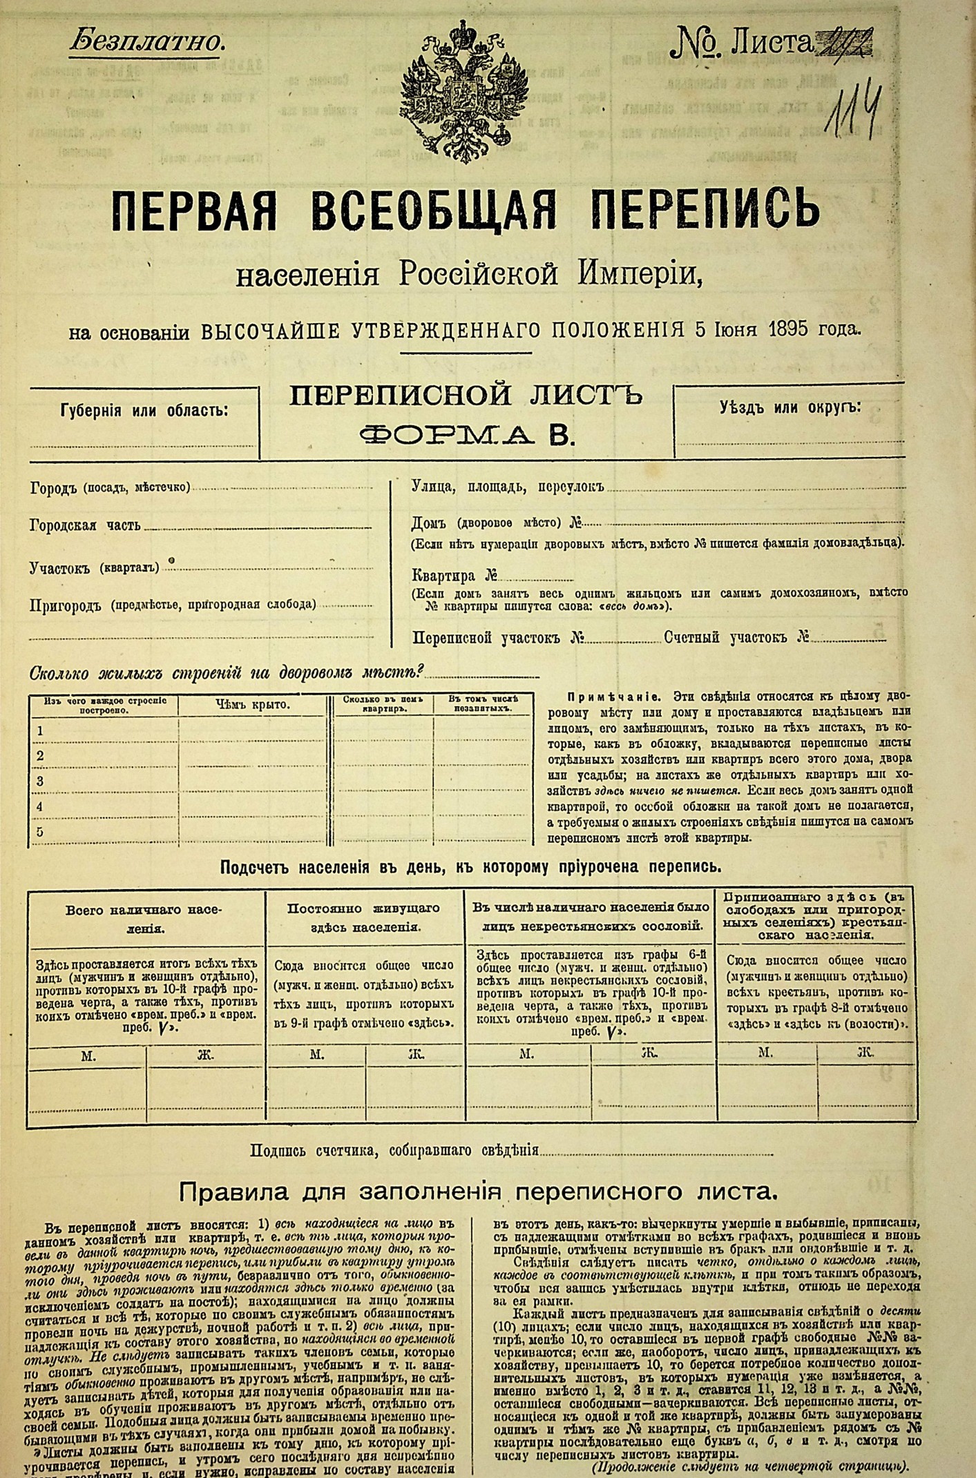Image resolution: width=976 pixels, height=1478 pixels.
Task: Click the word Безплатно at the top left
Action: (147, 42)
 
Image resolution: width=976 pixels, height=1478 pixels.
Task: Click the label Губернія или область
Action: (144, 411)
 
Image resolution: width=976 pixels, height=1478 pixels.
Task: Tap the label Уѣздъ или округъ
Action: (790, 407)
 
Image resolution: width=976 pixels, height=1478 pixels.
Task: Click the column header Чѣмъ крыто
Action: (252, 705)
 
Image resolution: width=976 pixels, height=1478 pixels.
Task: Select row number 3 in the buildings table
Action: (40, 781)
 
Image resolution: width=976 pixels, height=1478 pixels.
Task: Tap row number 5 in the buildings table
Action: (40, 832)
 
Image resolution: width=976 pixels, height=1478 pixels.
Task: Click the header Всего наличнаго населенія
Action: (145, 919)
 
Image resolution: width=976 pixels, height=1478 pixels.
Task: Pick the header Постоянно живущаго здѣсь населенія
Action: (365, 917)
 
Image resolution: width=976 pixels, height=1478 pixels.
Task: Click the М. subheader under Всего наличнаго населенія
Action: (88, 1056)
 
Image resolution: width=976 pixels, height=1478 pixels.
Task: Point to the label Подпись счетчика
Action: (307, 1151)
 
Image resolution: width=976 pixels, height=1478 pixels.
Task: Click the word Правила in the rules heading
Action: (229, 1192)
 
